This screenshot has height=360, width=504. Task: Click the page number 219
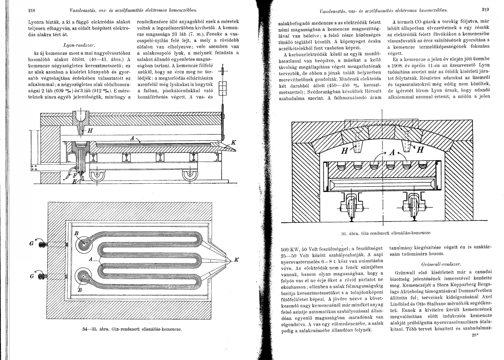[x=485, y=9]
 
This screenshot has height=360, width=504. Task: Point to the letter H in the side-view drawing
[x=90, y=130]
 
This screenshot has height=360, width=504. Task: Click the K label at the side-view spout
[x=233, y=143]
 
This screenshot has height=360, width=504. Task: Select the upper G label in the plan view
[x=31, y=243]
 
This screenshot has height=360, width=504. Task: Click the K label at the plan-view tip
[x=237, y=260]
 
